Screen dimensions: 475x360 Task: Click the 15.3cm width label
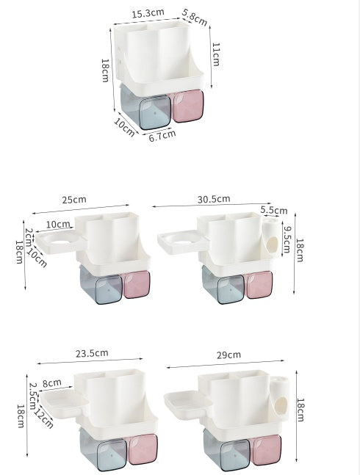(147, 14)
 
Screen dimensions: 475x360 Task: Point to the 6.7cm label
(162, 134)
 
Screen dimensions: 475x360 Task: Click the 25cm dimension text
(74, 200)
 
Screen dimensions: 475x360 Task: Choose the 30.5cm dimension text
(214, 198)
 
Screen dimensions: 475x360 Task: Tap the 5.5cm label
(273, 209)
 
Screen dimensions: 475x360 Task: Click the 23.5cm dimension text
(91, 352)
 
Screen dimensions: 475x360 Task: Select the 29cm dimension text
(228, 354)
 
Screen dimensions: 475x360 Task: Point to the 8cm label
(51, 382)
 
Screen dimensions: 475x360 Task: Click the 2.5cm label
(33, 396)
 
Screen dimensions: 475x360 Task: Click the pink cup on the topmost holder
(187, 106)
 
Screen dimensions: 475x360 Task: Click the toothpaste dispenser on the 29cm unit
(280, 399)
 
